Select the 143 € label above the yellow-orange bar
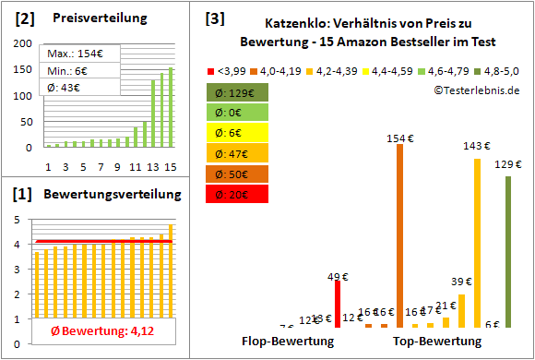click(477, 146)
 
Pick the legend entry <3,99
click(229, 70)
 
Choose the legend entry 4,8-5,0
click(497, 70)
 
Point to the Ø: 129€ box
click(237, 91)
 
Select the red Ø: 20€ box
click(237, 193)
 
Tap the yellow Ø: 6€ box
click(237, 132)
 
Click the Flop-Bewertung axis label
click(288, 341)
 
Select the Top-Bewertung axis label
click(437, 341)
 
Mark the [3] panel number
click(214, 18)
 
